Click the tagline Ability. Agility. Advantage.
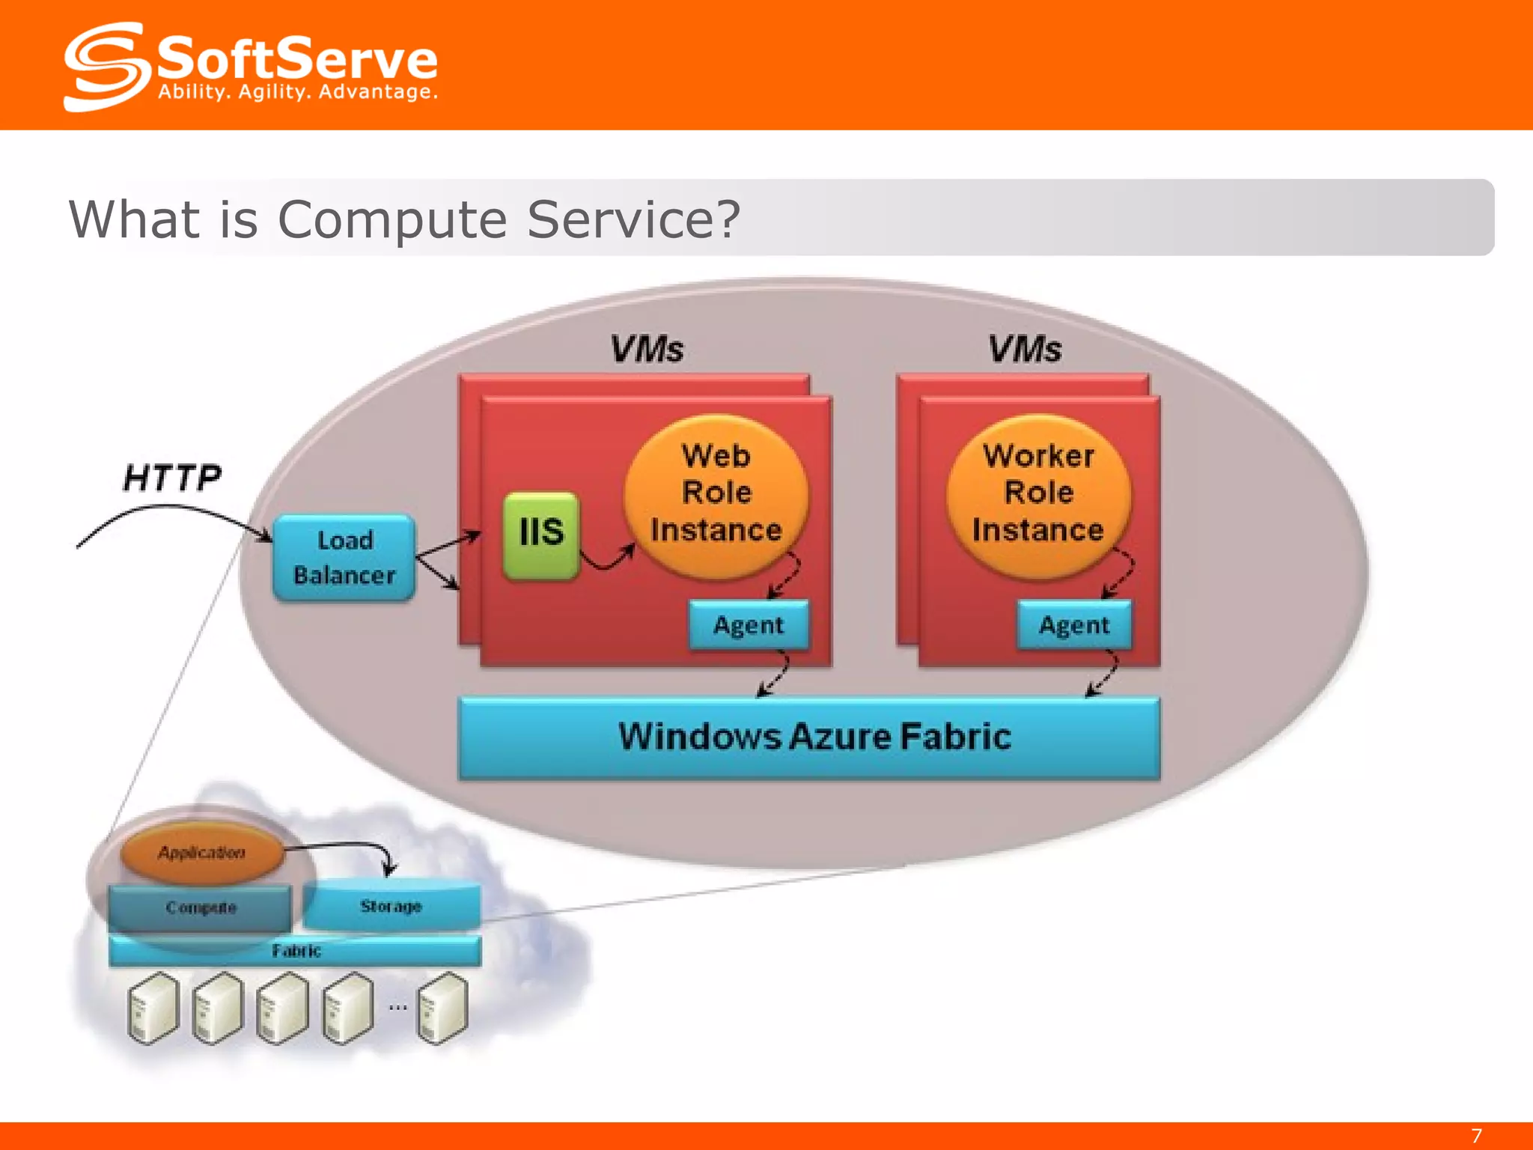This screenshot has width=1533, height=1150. click(297, 92)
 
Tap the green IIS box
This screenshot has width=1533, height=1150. click(540, 534)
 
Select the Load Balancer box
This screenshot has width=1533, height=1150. click(344, 557)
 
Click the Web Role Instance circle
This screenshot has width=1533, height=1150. click(716, 494)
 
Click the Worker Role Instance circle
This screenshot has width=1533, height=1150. click(1037, 494)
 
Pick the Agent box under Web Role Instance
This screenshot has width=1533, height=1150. click(748, 624)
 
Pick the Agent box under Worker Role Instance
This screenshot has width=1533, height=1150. click(1073, 624)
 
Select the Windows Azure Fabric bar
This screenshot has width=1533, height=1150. click(808, 737)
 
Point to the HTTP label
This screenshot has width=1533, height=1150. click(172, 478)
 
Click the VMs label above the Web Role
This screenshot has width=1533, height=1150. click(647, 349)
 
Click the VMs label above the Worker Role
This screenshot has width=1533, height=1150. click(1025, 349)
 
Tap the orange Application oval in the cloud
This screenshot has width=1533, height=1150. click(201, 853)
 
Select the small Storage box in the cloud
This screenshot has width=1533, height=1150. click(391, 907)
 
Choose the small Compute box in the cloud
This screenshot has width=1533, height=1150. click(200, 907)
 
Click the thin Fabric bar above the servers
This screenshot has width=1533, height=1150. click(295, 951)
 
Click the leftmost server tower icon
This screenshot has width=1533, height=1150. click(153, 1008)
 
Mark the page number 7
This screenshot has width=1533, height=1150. click(1476, 1136)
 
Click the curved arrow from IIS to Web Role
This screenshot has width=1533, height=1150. click(608, 560)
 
